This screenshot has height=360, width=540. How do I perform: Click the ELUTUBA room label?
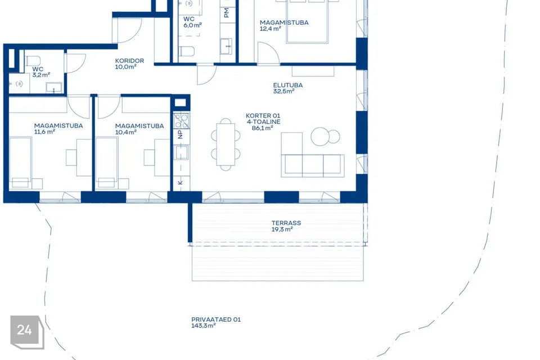pyautogui.click(x=288, y=85)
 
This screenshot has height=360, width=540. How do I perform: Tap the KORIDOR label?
pyautogui.click(x=129, y=61)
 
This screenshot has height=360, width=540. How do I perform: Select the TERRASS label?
pyautogui.click(x=286, y=223)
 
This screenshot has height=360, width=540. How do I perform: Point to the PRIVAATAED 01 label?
pyautogui.click(x=216, y=319)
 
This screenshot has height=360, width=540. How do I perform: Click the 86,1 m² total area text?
pyautogui.click(x=263, y=128)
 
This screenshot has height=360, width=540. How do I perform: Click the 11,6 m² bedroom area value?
pyautogui.click(x=45, y=132)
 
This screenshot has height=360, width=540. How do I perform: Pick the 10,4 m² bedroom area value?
pyautogui.click(x=125, y=132)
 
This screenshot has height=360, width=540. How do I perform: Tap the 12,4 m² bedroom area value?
pyautogui.click(x=271, y=29)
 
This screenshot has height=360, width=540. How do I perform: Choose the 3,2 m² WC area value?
pyautogui.click(x=41, y=75)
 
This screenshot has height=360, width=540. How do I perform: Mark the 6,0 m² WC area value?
pyautogui.click(x=192, y=25)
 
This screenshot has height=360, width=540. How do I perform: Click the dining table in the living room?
pyautogui.click(x=226, y=145)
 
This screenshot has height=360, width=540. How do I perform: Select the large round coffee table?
pyautogui.click(x=320, y=137)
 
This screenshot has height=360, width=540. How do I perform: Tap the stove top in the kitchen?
pyautogui.click(x=182, y=120)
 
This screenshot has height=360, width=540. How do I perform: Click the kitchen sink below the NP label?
pyautogui.click(x=182, y=152)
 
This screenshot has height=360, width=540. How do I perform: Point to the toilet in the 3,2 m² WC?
pyautogui.click(x=33, y=61)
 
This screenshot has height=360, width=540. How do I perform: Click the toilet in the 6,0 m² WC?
pyautogui.click(x=187, y=51)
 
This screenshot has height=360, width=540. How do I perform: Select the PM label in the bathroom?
pyautogui.click(x=226, y=13)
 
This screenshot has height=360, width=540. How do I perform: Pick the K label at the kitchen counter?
pyautogui.click(x=181, y=183)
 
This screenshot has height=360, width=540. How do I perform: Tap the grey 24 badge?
pyautogui.click(x=27, y=332)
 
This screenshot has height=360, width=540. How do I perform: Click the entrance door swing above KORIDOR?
pyautogui.click(x=129, y=30)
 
